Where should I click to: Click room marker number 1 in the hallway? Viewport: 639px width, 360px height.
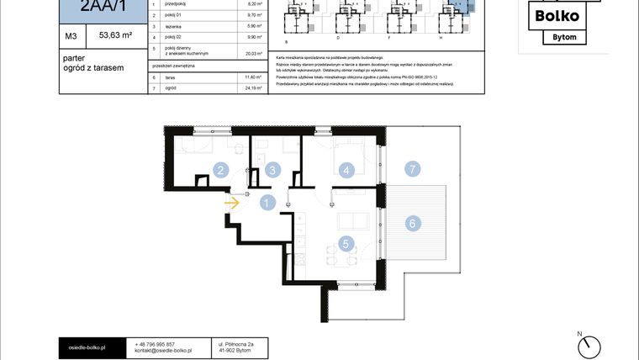267,202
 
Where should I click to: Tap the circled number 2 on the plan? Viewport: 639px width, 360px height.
220,170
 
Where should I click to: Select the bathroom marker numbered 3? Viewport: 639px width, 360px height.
271,170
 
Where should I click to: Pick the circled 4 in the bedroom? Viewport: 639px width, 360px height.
346,170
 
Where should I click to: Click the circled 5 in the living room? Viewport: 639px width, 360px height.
346,245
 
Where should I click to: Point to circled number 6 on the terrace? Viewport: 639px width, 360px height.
412,223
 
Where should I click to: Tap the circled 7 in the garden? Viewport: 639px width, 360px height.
412,169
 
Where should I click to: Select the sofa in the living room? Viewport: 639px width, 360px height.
351,221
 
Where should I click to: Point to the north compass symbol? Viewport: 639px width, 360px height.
593,345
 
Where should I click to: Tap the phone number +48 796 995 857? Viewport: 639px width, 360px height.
155,344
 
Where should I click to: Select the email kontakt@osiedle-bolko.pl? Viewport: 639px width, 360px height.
164,351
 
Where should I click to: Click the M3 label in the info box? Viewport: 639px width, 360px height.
71,36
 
